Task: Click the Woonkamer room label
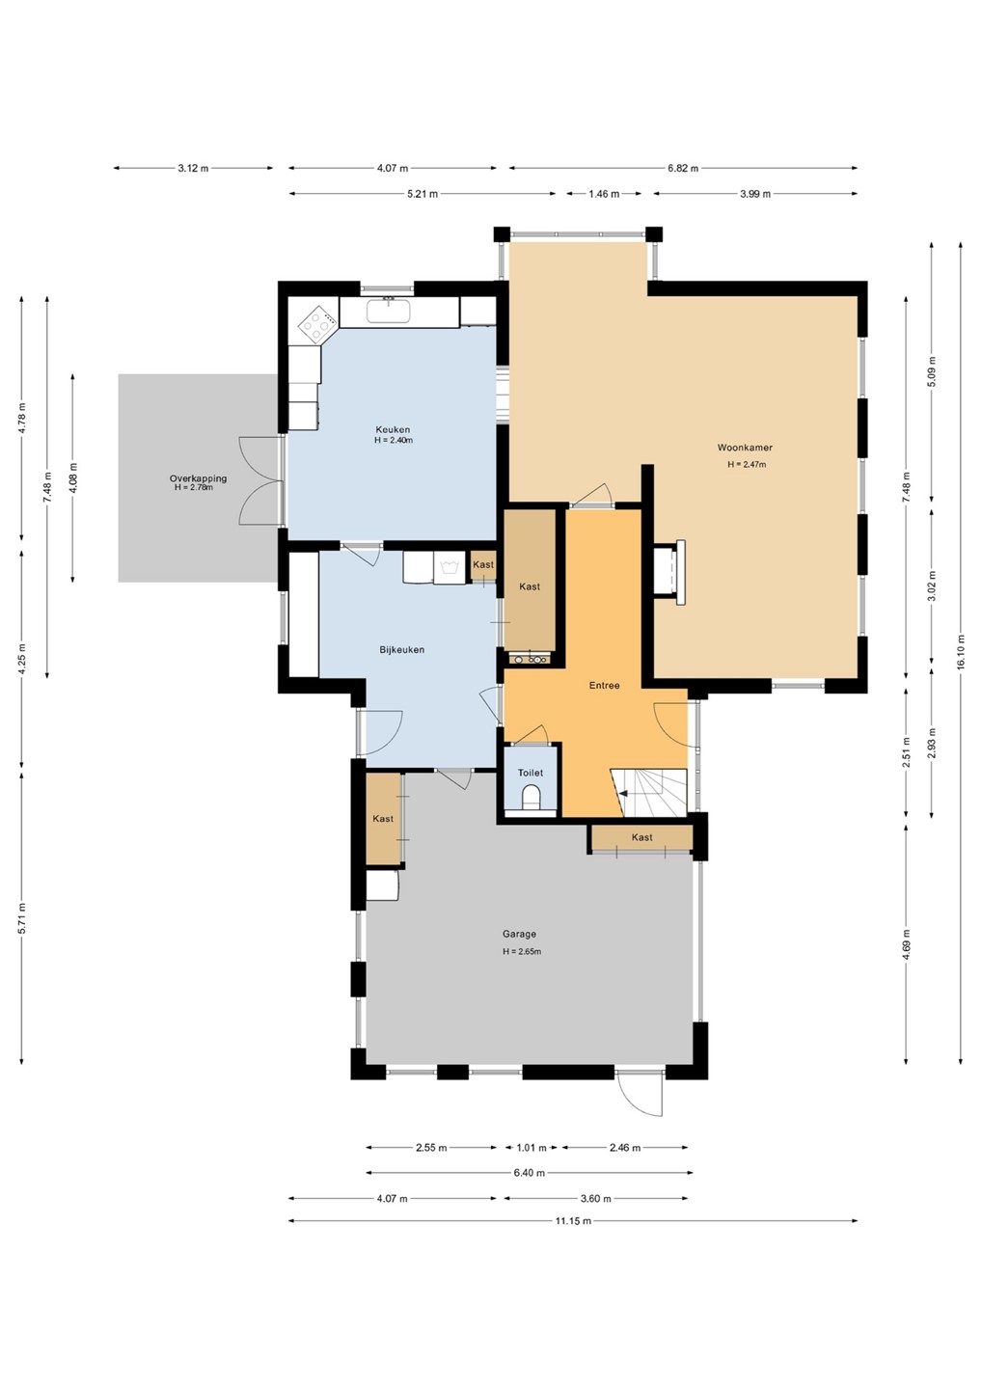pyautogui.click(x=745, y=448)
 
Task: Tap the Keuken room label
pyautogui.click(x=393, y=430)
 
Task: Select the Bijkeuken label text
pyautogui.click(x=401, y=650)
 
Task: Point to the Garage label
pyautogui.click(x=519, y=934)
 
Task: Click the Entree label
pyautogui.click(x=604, y=686)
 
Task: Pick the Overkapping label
pyautogui.click(x=198, y=478)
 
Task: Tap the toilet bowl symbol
pyautogui.click(x=532, y=797)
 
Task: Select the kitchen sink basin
pyautogui.click(x=389, y=310)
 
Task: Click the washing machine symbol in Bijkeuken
pyautogui.click(x=449, y=567)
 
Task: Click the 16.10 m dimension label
pyautogui.click(x=961, y=651)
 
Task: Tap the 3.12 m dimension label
pyautogui.click(x=193, y=168)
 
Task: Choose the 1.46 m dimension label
pyautogui.click(x=603, y=194)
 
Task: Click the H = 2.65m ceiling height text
pyautogui.click(x=522, y=951)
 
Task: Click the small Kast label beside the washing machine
pyautogui.click(x=483, y=564)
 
